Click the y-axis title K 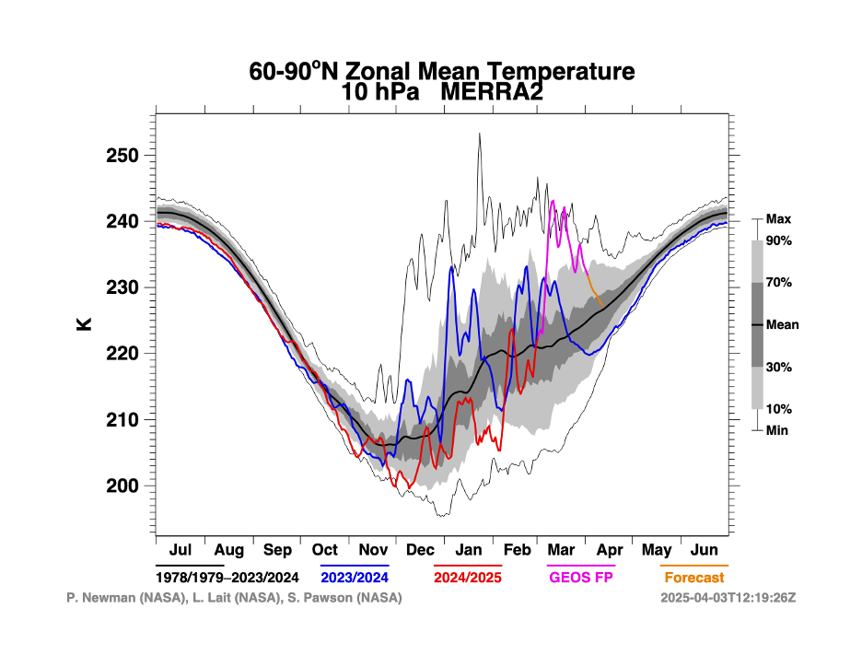tap(85, 323)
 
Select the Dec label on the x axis tap(420, 550)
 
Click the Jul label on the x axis tap(181, 550)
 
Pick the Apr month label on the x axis tap(609, 550)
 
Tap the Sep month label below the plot tap(277, 550)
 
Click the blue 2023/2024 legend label tap(355, 578)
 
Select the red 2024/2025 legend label tap(468, 578)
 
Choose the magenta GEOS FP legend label tap(580, 578)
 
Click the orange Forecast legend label tap(694, 578)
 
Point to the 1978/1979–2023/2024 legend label tap(227, 578)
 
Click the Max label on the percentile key tap(778, 219)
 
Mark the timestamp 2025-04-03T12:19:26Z tap(728, 598)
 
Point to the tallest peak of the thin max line tap(480, 134)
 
